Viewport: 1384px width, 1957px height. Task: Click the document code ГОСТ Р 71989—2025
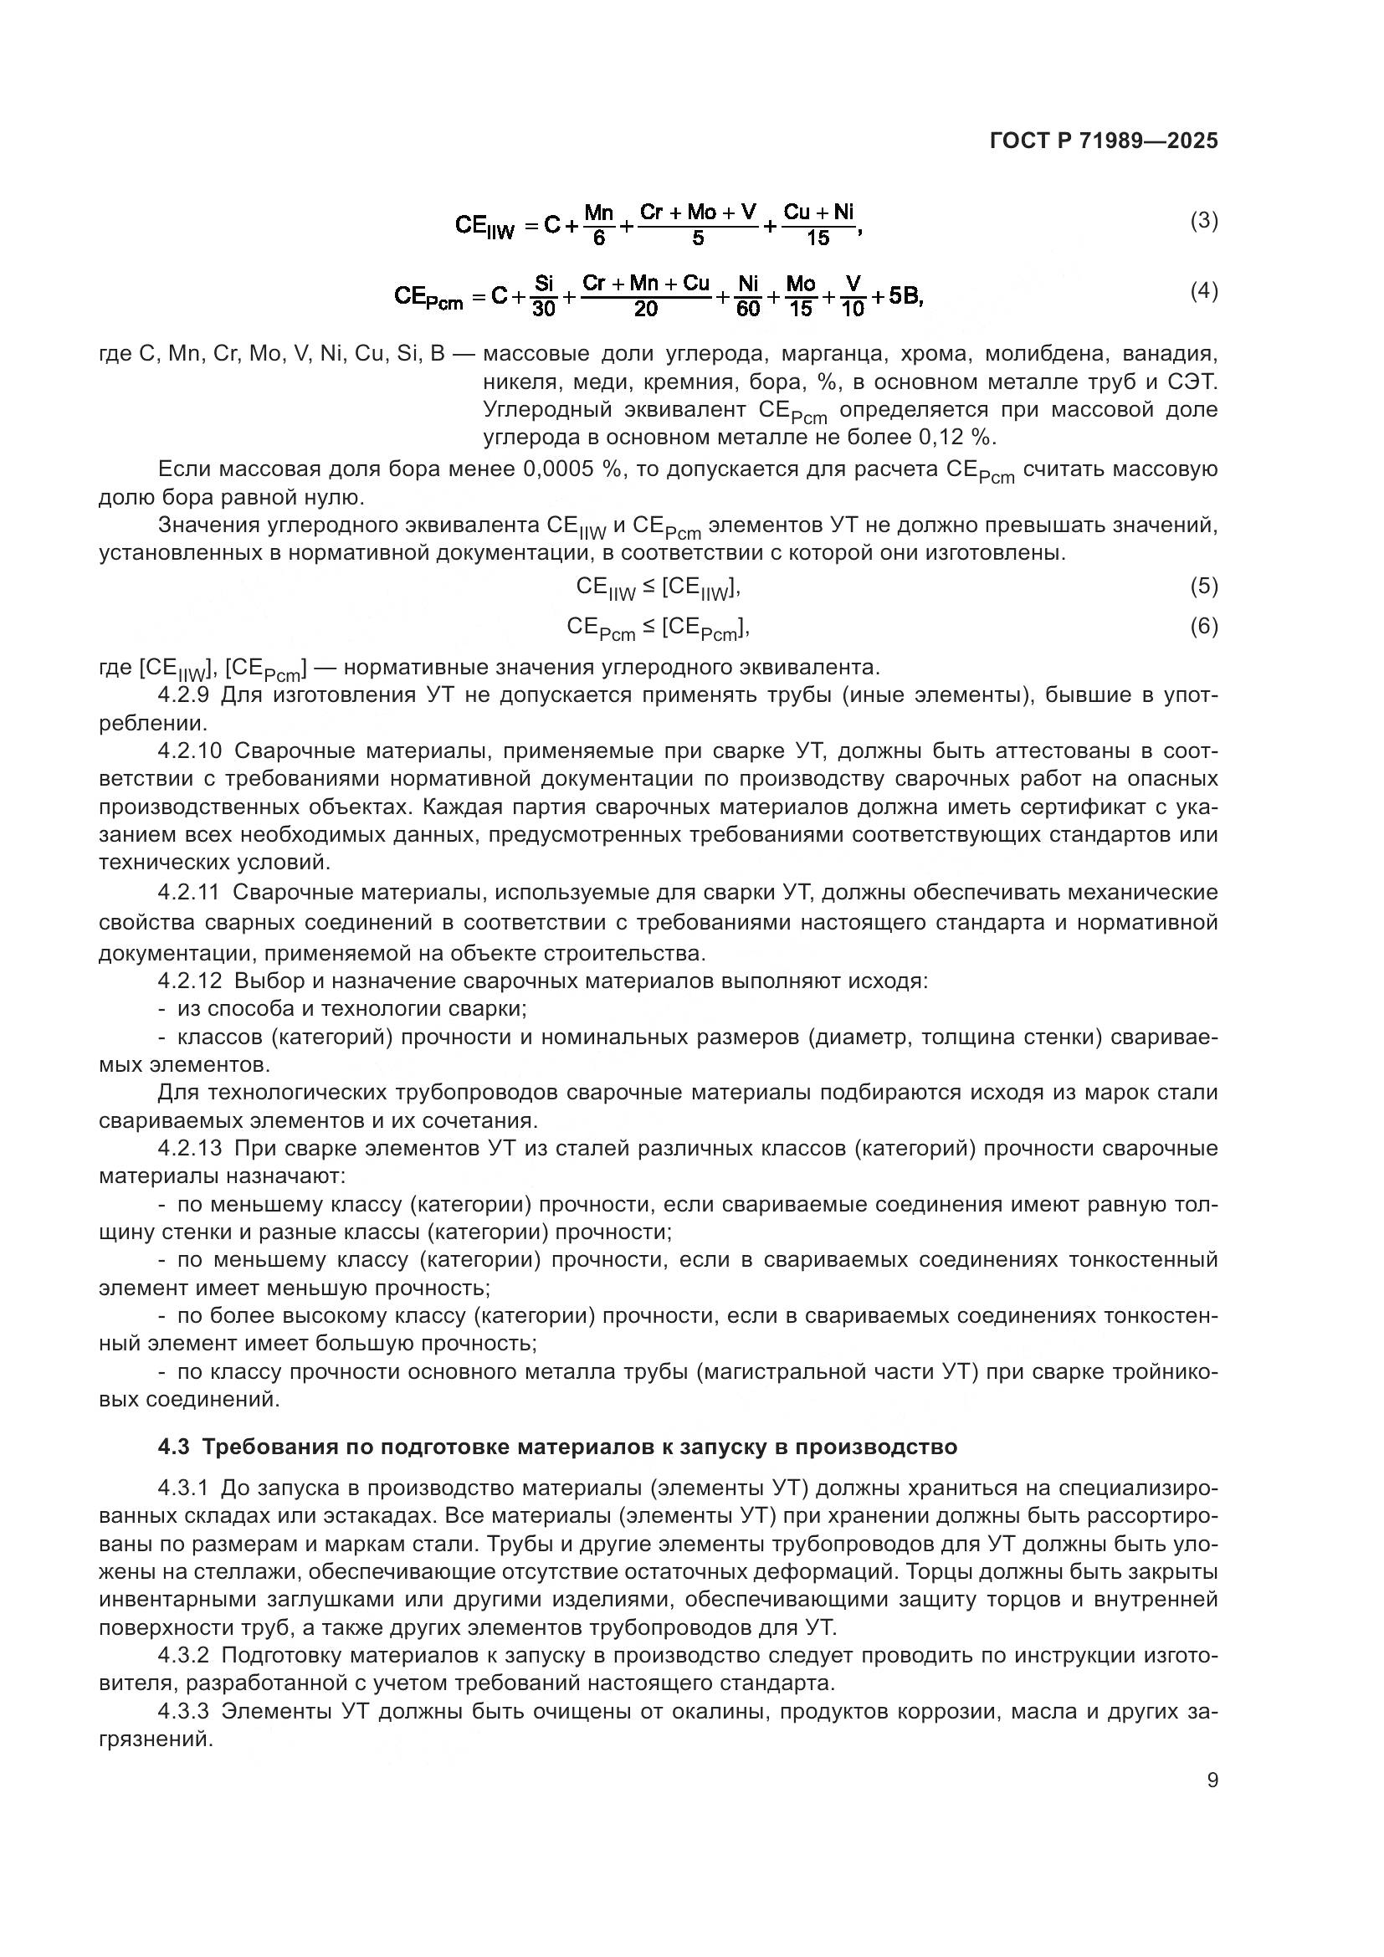pos(1104,141)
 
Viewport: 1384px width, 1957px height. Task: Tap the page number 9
pos(1212,1780)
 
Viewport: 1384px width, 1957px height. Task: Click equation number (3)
pos(1203,221)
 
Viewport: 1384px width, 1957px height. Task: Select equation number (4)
pos(1203,291)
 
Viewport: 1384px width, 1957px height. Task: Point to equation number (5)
pos(1203,586)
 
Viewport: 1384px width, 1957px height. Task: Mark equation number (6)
pos(1203,627)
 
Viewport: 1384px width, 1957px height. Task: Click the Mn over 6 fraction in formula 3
pos(599,224)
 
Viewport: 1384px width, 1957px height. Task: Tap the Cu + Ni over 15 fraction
pos(818,224)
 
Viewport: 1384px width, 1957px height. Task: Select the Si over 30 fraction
pos(544,295)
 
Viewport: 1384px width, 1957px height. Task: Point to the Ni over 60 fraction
pos(748,295)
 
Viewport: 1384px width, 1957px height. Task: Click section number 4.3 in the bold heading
pos(174,1447)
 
